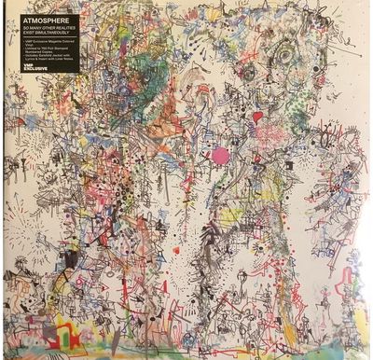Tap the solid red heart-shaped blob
point(257,118)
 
